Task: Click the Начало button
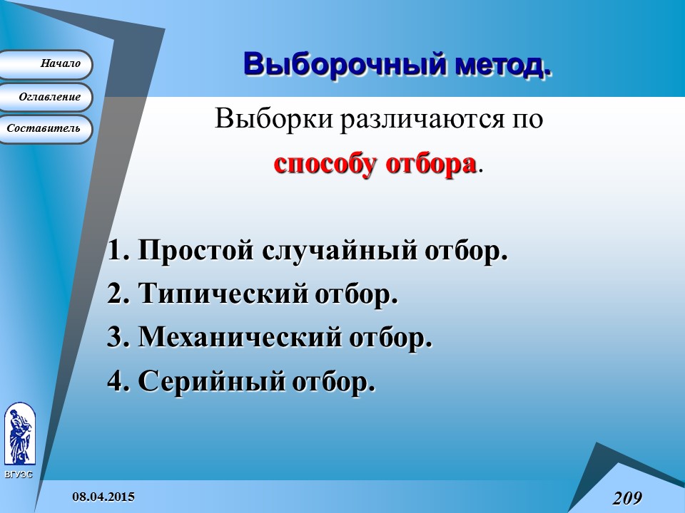46,64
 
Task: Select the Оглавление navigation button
46,97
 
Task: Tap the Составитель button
46,129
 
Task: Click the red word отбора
430,163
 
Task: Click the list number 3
116,337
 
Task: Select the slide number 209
626,497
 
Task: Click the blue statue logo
19,434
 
